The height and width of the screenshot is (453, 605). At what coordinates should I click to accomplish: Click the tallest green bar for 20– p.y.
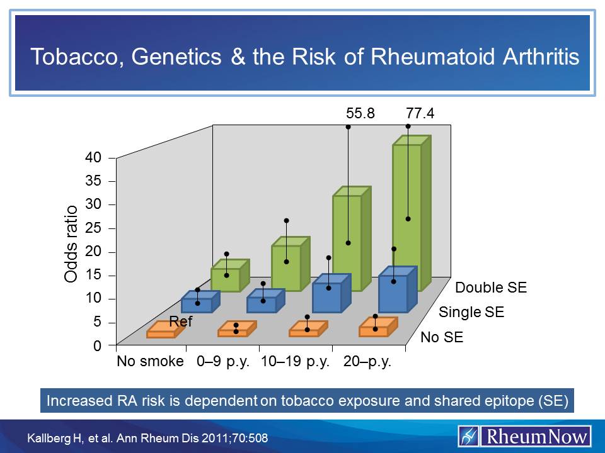(406, 217)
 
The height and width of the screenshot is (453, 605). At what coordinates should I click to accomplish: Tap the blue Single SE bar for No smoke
(197, 305)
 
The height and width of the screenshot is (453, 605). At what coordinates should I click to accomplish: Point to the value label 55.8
(360, 113)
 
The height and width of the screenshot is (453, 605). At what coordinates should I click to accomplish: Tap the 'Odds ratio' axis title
(71, 244)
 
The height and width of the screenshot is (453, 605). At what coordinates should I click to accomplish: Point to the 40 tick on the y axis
(93, 158)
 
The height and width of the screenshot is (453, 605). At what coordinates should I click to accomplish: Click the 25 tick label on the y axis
(93, 228)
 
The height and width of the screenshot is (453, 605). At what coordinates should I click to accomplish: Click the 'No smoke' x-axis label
(150, 362)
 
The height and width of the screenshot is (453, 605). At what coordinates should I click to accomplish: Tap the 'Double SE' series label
(491, 288)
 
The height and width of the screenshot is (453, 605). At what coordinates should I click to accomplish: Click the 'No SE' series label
(442, 337)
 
